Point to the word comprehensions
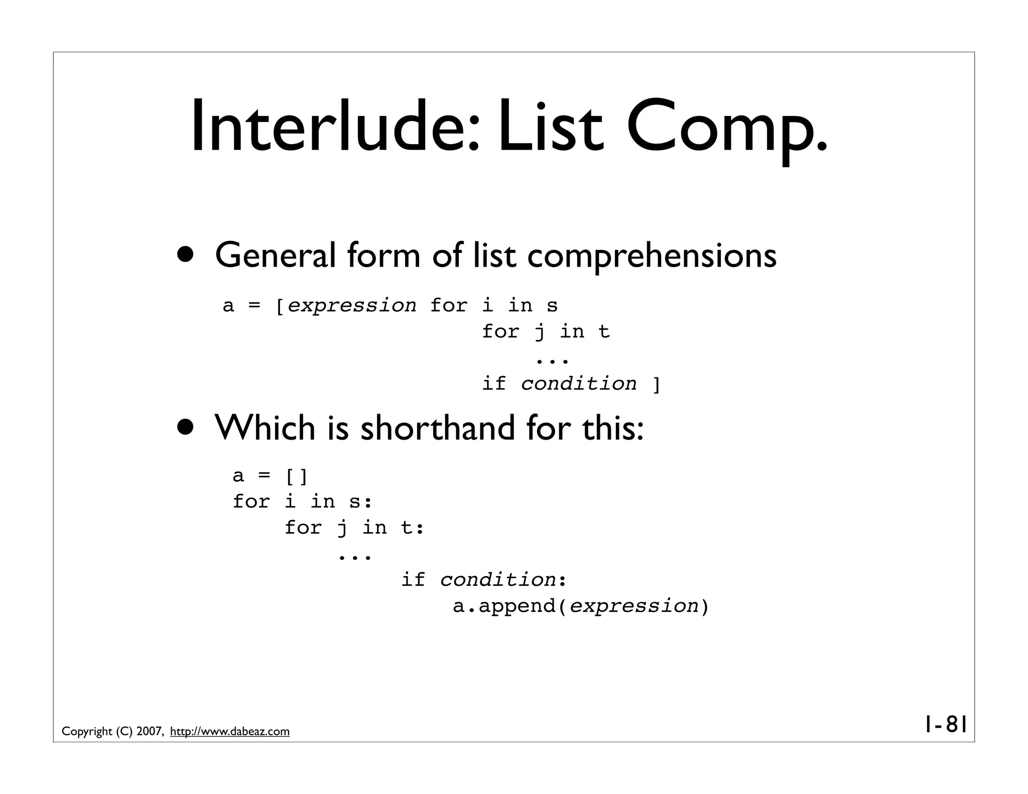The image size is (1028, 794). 652,256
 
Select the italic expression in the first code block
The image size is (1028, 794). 352,305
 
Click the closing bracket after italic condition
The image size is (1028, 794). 656,384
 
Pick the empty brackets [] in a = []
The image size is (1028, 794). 296,476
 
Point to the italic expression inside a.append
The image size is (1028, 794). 634,606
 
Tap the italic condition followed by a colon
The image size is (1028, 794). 497,580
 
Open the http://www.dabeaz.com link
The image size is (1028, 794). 230,732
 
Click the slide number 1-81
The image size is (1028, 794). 945,724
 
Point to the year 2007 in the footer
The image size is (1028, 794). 149,732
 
